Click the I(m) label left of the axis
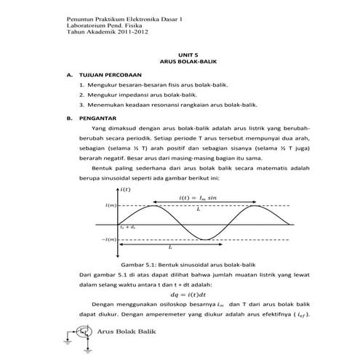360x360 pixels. click(x=110, y=206)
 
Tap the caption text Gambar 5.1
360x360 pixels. click(x=140, y=265)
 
